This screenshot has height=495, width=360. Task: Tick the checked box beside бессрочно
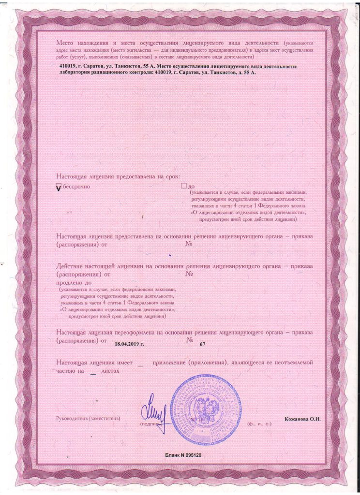click(59, 186)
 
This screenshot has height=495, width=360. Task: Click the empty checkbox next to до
click(183, 186)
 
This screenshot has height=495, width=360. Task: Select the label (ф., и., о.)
click(260, 423)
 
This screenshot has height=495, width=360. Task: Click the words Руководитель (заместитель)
click(89, 418)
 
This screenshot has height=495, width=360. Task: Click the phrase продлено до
click(74, 282)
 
